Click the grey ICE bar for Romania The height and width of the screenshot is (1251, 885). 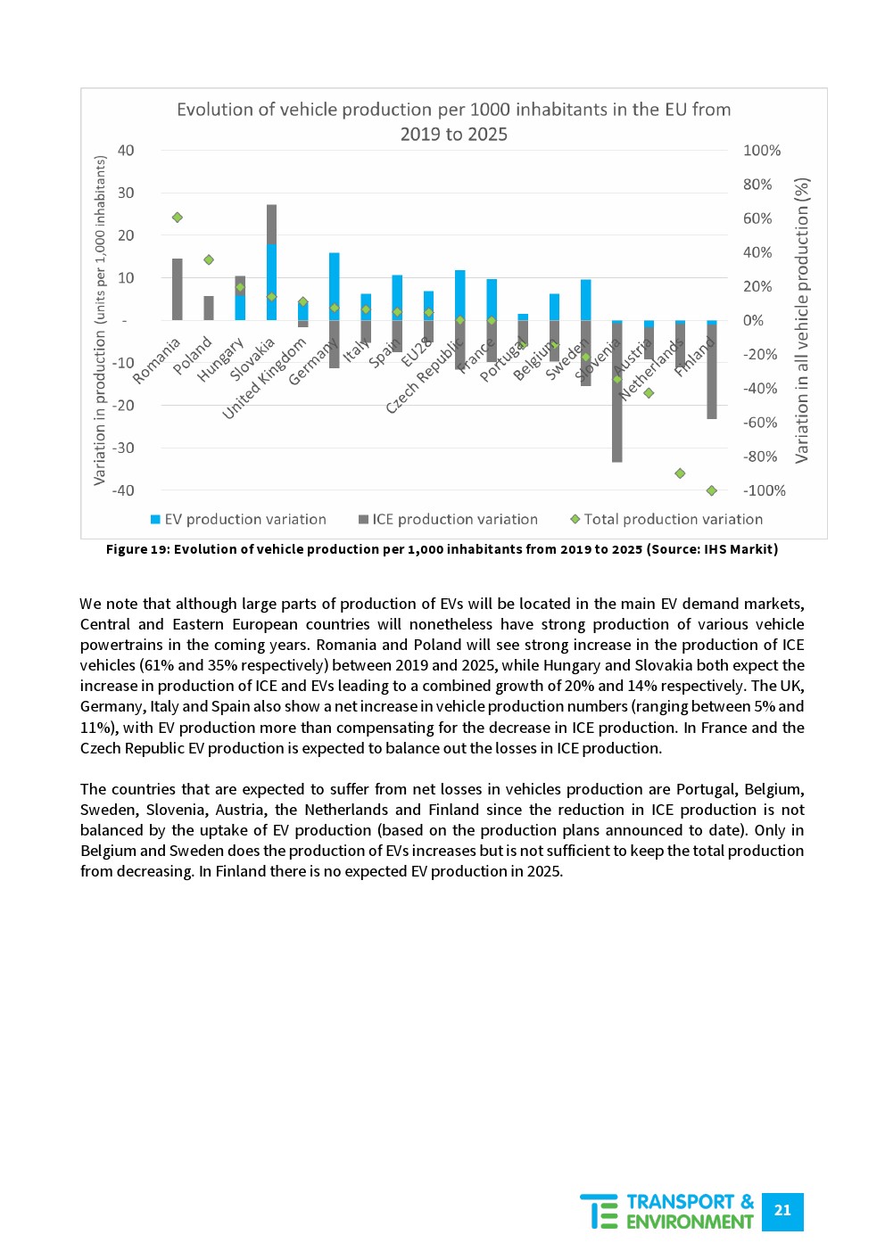[x=177, y=289]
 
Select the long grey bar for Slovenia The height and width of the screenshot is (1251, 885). [x=616, y=392]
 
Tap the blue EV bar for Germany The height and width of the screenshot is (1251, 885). [x=334, y=285]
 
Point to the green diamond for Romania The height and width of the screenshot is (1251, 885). [x=178, y=218]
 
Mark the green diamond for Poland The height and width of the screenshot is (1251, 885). [x=209, y=259]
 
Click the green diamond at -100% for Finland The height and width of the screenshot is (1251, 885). [x=711, y=490]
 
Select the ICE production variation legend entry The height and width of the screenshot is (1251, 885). [x=454, y=519]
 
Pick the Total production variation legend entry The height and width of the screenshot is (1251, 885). [x=673, y=519]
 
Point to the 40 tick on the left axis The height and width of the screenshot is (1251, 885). [x=126, y=151]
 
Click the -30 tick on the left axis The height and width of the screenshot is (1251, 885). [x=123, y=448]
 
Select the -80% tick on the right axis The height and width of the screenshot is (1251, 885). [x=759, y=457]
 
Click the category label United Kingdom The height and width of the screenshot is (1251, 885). [x=264, y=377]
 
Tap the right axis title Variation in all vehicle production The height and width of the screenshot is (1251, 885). [x=802, y=320]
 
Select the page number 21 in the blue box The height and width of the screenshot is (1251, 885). [x=782, y=1211]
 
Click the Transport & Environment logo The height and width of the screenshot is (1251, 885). [x=667, y=1212]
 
